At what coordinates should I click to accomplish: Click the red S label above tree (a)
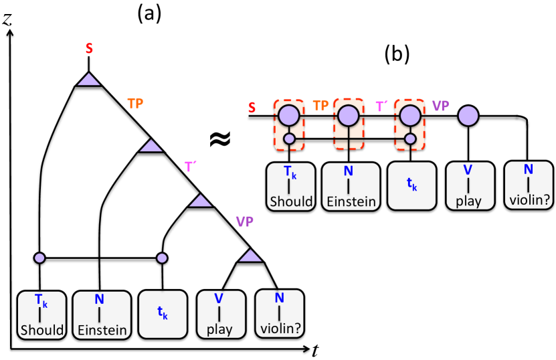click(x=89, y=49)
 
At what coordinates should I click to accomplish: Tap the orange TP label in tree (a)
click(x=135, y=104)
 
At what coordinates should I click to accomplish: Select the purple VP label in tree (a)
click(x=245, y=222)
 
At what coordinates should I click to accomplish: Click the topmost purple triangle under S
click(x=88, y=79)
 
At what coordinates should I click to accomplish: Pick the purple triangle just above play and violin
click(x=250, y=256)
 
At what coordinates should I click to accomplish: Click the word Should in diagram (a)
click(x=42, y=330)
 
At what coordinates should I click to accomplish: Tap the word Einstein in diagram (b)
click(x=351, y=201)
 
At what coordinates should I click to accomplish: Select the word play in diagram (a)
click(x=219, y=329)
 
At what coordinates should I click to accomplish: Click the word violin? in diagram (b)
click(x=529, y=200)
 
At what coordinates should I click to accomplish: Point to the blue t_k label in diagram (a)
click(x=163, y=313)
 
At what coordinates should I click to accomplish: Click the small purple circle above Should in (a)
click(x=39, y=258)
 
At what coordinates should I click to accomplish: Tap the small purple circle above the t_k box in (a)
click(x=162, y=258)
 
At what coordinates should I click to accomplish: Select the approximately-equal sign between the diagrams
click(x=220, y=139)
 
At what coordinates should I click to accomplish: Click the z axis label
click(x=7, y=19)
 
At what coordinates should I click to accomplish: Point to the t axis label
click(x=315, y=351)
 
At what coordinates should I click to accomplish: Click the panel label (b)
click(x=397, y=54)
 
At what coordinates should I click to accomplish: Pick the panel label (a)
click(x=149, y=14)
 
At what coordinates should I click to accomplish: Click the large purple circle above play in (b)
click(x=468, y=116)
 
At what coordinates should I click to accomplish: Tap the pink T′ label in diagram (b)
click(x=381, y=106)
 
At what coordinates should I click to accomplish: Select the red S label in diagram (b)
click(x=252, y=108)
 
